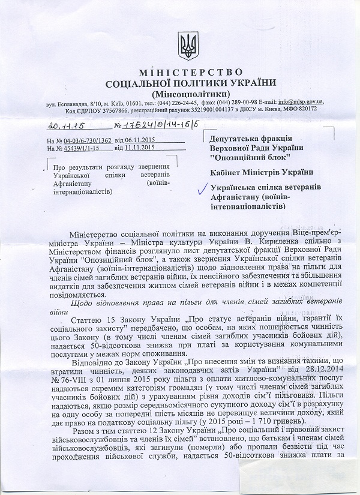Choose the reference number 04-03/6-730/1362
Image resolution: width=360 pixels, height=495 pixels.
pyautogui.click(x=88, y=140)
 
